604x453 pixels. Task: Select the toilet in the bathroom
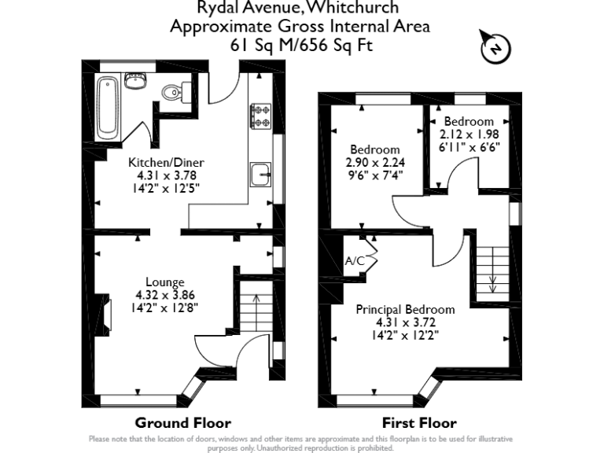click(172, 93)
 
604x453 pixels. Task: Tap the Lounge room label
click(165, 282)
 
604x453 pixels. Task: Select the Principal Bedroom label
click(405, 310)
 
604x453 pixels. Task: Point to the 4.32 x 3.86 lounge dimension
click(164, 296)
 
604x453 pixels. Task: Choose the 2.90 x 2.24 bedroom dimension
click(375, 163)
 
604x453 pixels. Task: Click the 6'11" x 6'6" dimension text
click(469, 146)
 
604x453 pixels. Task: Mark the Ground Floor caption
click(182, 422)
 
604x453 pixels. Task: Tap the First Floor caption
click(418, 422)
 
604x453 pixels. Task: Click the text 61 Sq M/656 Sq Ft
click(300, 45)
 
